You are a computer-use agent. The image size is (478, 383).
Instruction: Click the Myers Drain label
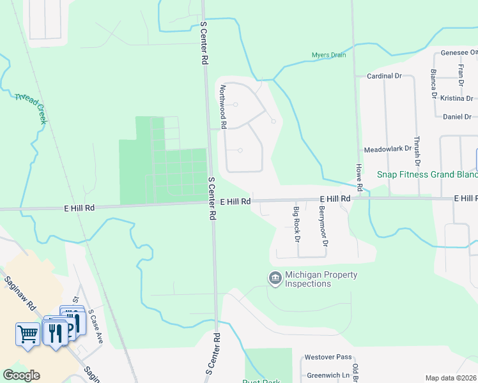(x=328, y=55)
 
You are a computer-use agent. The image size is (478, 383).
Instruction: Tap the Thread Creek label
(x=31, y=108)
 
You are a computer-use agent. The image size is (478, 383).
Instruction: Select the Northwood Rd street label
(x=223, y=107)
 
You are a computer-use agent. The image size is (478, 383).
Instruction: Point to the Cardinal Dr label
(x=383, y=75)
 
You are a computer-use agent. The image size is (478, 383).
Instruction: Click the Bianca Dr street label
(x=433, y=84)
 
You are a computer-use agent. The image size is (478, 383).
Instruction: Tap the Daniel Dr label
(x=457, y=117)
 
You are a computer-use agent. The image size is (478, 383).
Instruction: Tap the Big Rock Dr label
(x=297, y=225)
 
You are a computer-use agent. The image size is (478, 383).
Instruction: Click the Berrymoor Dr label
(x=324, y=226)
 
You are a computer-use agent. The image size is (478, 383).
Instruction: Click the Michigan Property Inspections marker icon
(x=275, y=278)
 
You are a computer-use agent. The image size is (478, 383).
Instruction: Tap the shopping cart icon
(x=28, y=334)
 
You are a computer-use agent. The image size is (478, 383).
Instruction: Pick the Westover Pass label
(x=328, y=357)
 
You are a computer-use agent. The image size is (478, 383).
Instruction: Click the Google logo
(x=21, y=375)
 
